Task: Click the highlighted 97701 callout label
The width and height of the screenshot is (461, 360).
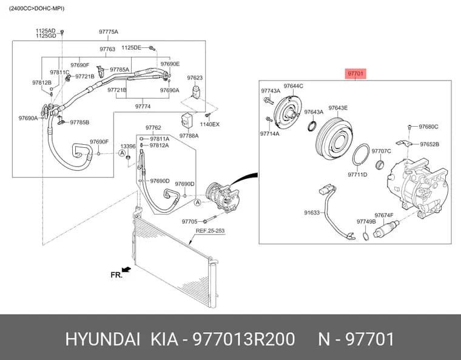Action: (x=355, y=73)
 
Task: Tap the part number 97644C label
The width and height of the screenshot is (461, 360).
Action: (x=293, y=85)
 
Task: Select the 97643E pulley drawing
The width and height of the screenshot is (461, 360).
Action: (x=334, y=138)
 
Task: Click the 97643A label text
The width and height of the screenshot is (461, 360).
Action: (x=314, y=112)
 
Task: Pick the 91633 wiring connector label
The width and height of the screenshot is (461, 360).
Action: (x=312, y=212)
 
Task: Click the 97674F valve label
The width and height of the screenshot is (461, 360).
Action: (x=384, y=215)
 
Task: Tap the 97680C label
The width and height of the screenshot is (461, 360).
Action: (x=428, y=127)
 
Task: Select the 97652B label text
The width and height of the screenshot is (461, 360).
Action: (x=429, y=144)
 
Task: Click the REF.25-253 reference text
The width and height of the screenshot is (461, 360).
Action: (x=210, y=231)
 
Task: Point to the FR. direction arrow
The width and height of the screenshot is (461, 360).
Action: (x=126, y=269)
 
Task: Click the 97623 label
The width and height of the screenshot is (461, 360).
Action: (x=195, y=78)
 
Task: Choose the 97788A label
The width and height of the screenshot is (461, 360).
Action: (x=189, y=136)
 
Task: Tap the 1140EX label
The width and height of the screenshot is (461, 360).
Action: (x=210, y=124)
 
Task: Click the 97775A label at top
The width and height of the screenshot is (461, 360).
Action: (x=109, y=32)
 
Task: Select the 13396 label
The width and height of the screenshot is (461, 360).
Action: (x=128, y=146)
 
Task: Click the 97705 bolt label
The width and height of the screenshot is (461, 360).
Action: (x=189, y=221)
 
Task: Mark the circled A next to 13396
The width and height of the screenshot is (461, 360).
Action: (x=122, y=153)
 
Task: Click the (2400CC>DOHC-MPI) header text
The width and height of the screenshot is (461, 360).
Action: (x=36, y=8)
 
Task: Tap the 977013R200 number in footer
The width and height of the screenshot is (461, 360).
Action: (x=243, y=339)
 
